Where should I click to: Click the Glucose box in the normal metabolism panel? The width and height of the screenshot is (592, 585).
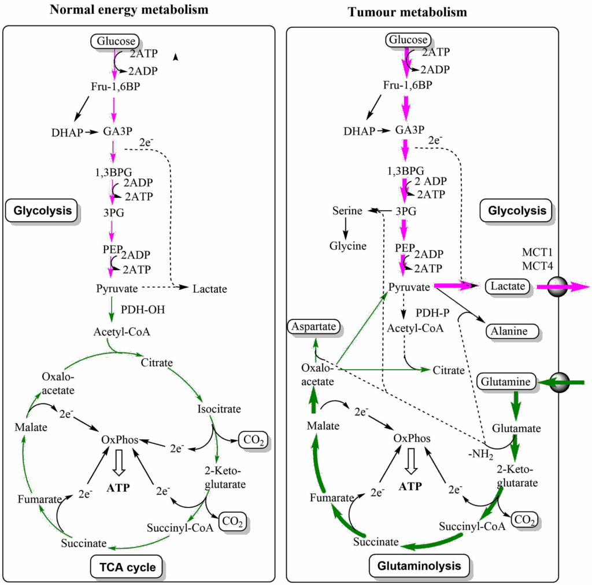click(115, 41)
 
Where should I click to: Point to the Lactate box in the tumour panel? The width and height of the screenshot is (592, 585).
click(506, 286)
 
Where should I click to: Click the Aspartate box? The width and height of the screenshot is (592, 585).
click(313, 326)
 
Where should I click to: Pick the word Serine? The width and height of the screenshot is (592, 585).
click(347, 211)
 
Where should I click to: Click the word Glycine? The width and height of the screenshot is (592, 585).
click(348, 246)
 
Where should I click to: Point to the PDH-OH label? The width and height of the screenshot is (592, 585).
click(143, 310)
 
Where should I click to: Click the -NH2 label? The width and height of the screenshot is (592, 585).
click(480, 455)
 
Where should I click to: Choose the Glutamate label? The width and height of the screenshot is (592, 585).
click(516, 429)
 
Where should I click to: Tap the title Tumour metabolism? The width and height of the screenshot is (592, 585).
click(407, 12)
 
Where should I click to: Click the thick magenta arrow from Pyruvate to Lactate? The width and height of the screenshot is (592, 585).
click(457, 285)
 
